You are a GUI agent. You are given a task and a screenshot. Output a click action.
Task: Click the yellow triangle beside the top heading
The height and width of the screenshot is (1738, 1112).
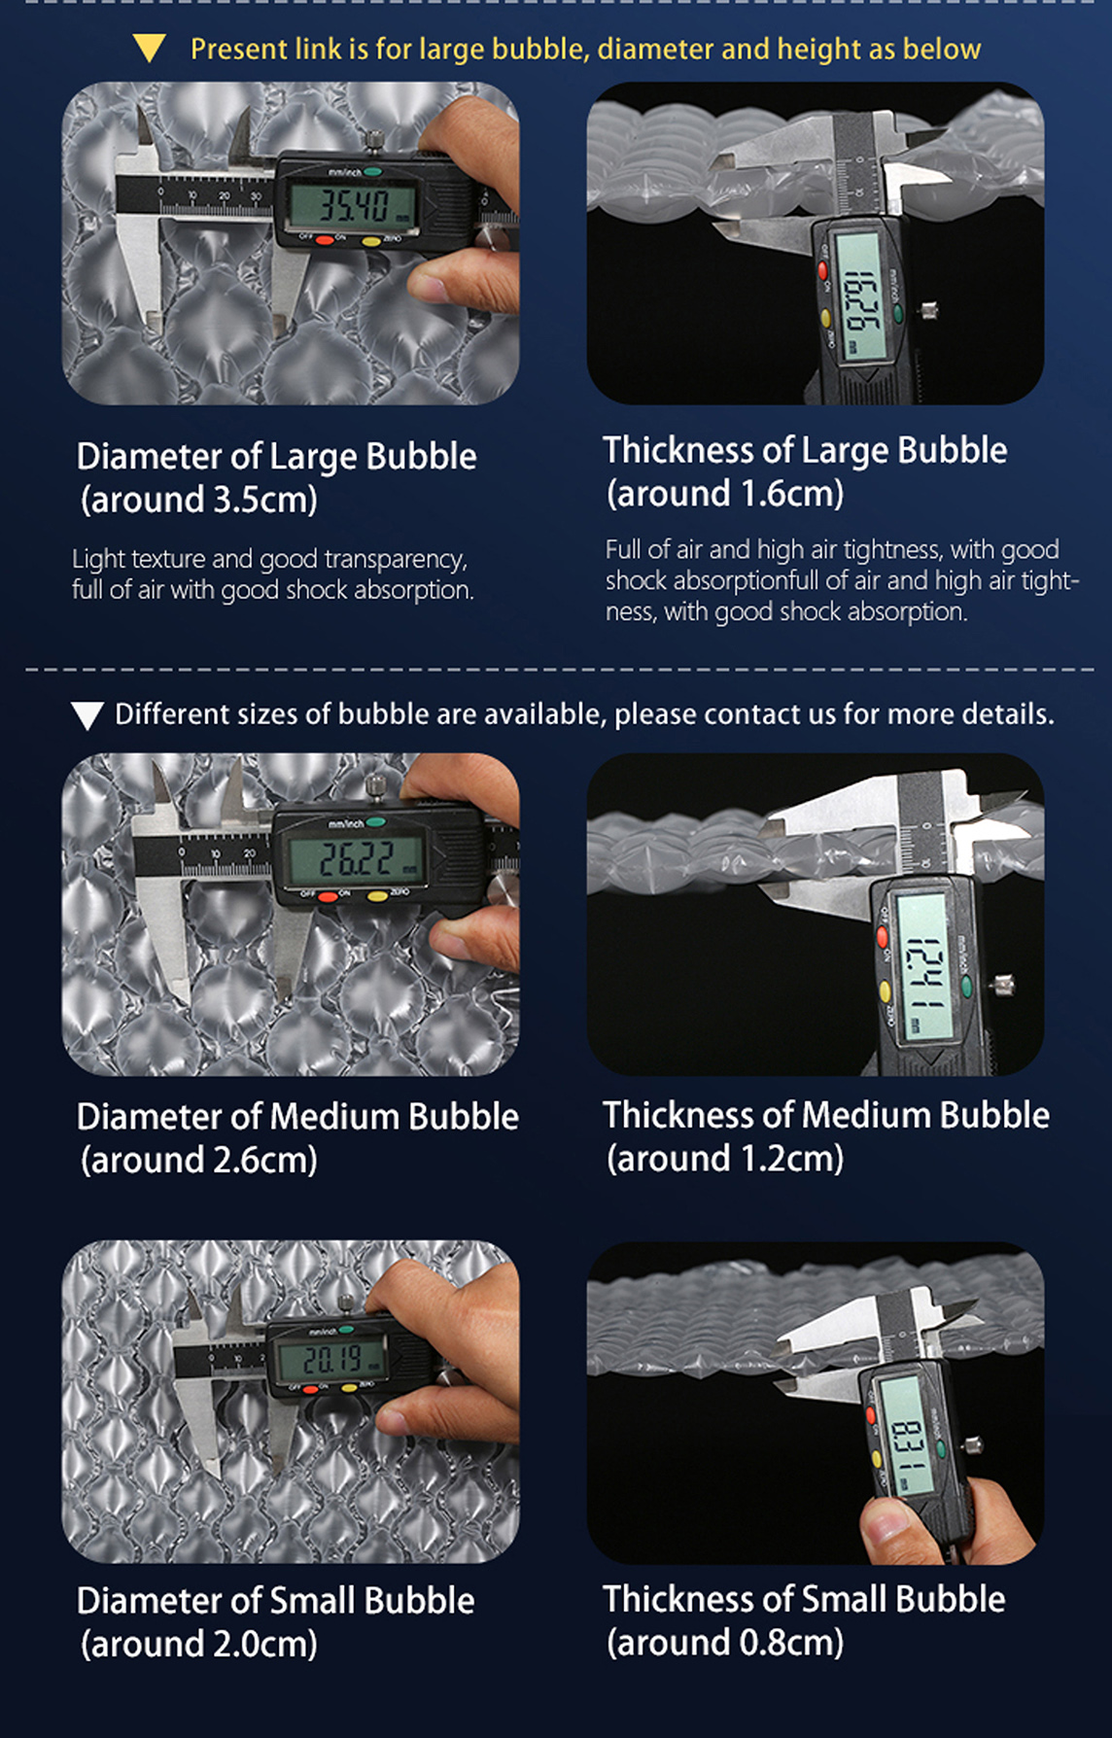[149, 49]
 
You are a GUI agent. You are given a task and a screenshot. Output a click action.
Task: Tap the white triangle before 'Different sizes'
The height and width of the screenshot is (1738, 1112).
[87, 716]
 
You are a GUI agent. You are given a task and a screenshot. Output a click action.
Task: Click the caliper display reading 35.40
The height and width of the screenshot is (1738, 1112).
[355, 205]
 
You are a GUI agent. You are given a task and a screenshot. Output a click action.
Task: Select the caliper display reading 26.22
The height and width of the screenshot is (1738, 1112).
[356, 857]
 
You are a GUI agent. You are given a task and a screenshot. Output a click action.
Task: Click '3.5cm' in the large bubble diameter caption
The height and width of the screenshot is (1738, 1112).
[261, 500]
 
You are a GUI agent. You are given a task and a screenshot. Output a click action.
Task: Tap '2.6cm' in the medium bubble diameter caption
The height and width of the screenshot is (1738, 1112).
[261, 1160]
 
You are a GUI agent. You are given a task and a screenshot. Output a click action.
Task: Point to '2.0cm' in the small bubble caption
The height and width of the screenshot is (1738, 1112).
[261, 1644]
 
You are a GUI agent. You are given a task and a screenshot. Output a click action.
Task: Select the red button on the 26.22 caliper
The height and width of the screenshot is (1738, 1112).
[328, 895]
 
